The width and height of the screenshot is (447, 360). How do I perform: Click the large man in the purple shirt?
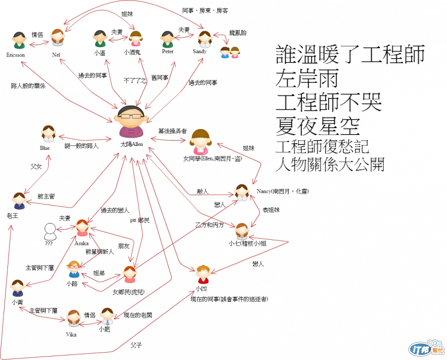(131, 122)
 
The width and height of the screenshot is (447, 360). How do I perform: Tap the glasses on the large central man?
(131, 116)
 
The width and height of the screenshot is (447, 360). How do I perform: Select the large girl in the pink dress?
(200, 143)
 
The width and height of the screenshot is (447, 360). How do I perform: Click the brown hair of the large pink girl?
(200, 134)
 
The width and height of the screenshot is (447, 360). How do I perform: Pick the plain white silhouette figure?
(50, 231)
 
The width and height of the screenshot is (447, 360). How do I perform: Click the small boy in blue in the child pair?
(225, 53)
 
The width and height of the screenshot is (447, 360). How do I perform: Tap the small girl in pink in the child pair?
(235, 53)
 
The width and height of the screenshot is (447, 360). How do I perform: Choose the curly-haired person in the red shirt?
(203, 274)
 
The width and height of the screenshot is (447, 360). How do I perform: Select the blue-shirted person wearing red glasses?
(74, 269)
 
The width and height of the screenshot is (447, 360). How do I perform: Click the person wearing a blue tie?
(107, 316)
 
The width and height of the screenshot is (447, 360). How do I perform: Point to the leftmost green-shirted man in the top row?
(20, 41)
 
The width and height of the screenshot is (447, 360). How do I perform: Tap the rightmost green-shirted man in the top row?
(168, 40)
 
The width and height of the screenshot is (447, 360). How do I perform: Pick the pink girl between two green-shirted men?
(136, 39)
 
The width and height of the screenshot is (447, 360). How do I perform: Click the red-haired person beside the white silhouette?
(83, 228)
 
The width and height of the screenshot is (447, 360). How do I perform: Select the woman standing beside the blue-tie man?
(74, 318)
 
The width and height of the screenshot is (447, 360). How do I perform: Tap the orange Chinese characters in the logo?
(438, 350)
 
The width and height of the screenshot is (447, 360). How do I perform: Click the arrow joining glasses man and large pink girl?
(168, 139)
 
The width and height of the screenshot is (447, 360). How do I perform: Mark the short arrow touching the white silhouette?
(65, 228)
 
